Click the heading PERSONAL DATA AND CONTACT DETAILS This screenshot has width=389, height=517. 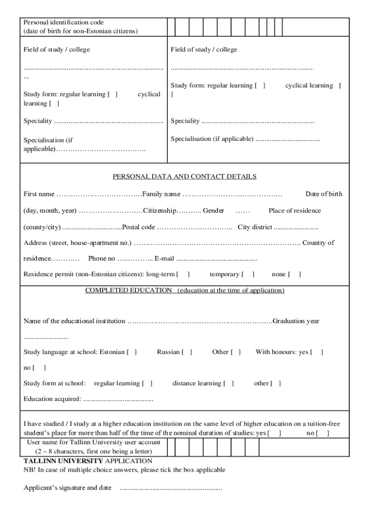click(184, 177)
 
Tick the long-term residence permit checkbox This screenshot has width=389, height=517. click(183, 275)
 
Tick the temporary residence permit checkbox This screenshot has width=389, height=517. click(248, 275)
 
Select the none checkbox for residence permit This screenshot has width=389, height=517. click(294, 275)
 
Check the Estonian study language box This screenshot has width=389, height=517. click(131, 352)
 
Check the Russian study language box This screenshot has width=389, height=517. click(187, 352)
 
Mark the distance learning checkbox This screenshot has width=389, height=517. click(228, 384)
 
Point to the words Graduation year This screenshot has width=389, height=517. click(296, 321)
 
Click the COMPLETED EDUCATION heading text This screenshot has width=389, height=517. click(128, 291)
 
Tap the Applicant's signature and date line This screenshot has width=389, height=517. click(170, 488)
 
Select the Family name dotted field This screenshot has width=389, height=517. click(232, 194)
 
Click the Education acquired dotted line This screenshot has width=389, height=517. click(118, 399)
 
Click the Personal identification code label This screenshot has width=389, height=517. click(64, 23)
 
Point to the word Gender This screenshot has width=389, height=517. click(214, 211)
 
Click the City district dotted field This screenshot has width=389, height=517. click(296, 228)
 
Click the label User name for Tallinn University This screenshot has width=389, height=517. click(93, 442)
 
